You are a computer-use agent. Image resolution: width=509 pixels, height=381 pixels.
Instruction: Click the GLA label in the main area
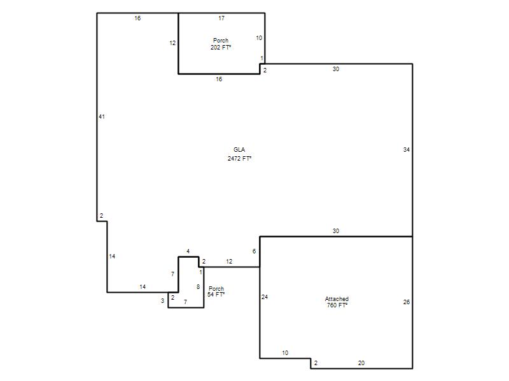pos(239,150)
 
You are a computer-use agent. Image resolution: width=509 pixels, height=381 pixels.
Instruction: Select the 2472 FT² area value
pos(240,158)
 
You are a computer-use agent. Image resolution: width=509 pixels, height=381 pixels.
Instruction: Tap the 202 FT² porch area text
pos(221,47)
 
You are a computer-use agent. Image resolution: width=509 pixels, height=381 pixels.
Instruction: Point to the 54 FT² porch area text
pos(216,295)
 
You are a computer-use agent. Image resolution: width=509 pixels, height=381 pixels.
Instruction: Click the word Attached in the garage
pos(337,299)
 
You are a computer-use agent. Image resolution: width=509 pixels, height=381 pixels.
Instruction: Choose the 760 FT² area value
pos(337,305)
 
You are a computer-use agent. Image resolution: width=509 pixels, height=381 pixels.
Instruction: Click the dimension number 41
pos(102,117)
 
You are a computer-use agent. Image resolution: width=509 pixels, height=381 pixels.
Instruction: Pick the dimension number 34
pos(407,150)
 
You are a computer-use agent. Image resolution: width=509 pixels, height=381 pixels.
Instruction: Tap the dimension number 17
pos(221,18)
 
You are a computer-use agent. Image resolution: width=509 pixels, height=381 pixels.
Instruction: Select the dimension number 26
pos(407,302)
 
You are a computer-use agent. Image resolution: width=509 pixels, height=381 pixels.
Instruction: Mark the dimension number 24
pos(265,297)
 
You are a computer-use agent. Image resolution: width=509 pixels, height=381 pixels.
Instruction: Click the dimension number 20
pos(361,363)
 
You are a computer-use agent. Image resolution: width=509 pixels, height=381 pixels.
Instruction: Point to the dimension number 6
pos(254,251)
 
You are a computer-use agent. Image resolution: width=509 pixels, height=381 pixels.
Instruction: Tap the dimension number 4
pos(188,251)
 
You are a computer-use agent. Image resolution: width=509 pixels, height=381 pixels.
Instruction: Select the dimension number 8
pos(198,287)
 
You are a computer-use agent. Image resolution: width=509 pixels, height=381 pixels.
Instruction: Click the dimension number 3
pos(162,301)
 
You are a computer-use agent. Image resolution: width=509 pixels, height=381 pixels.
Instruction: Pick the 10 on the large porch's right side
pos(259,38)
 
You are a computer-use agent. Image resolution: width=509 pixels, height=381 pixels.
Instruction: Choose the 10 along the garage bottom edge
pos(285,353)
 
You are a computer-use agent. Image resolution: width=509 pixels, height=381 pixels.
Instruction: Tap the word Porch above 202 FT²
pos(221,41)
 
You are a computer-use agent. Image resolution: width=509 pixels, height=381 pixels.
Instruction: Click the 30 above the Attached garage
pos(336,231)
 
